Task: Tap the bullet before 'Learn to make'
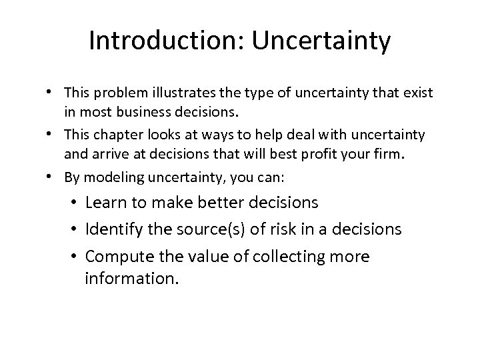75,202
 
